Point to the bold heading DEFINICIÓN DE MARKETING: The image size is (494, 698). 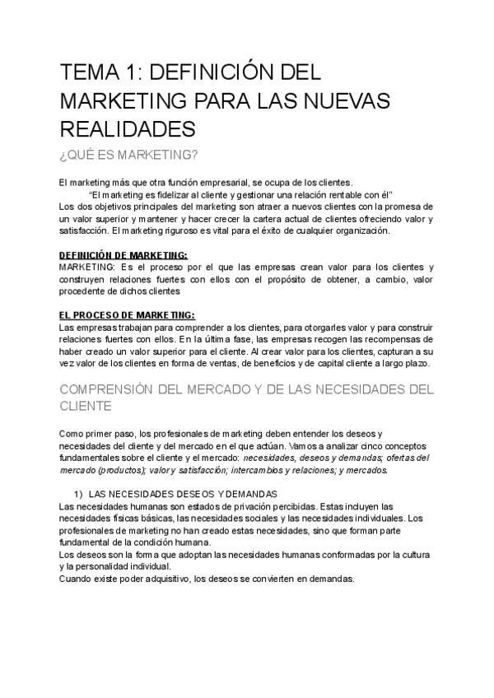pos(124,255)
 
